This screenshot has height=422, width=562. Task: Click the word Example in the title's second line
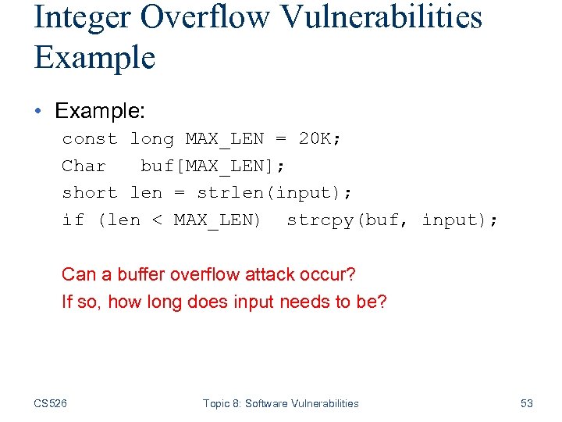tap(94, 58)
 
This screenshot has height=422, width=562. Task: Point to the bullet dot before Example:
tap(40, 111)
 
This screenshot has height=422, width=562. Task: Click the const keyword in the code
tap(90, 139)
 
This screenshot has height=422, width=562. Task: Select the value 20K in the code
tap(315, 139)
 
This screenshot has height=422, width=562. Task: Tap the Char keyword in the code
tap(84, 166)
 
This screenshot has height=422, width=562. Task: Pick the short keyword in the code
tap(90, 193)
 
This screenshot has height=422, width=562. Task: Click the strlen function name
tap(230, 193)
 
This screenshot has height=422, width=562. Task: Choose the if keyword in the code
tap(73, 220)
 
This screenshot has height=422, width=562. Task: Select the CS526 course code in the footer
tap(51, 403)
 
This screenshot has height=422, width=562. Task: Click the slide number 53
tap(527, 403)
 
